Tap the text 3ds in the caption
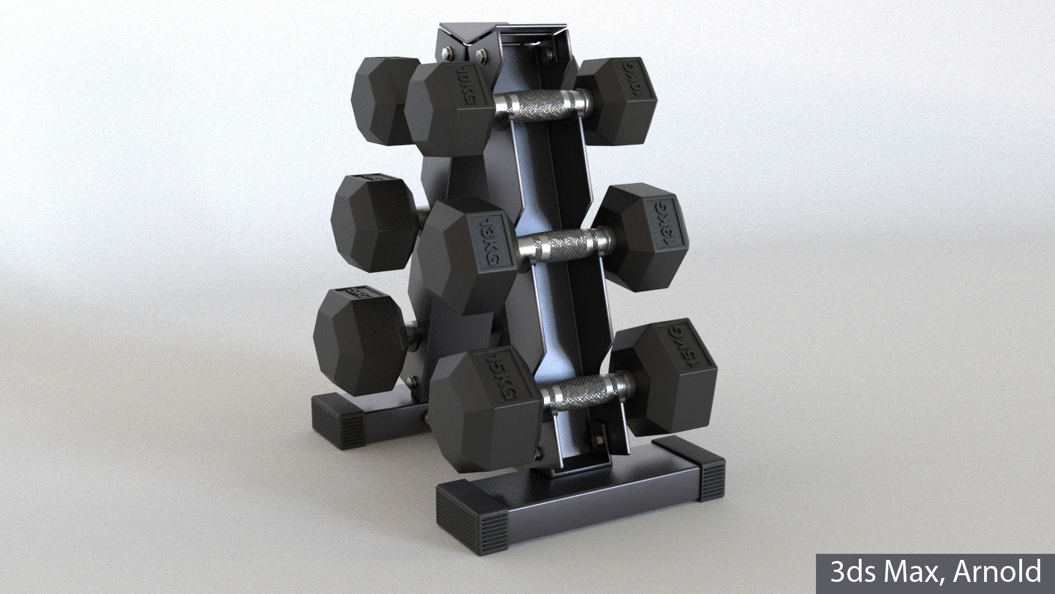849,572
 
